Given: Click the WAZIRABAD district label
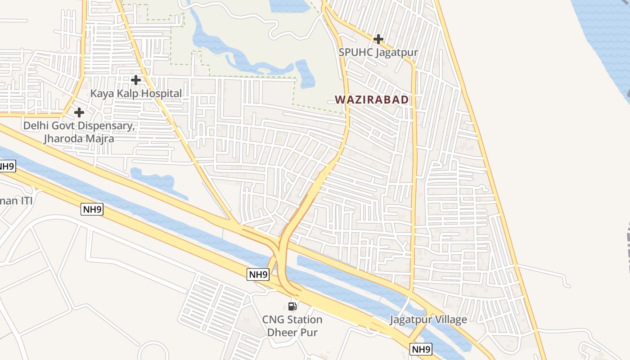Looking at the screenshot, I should click(372, 99).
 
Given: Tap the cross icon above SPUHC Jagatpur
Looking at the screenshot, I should click(378, 39).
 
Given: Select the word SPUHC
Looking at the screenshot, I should click(355, 52).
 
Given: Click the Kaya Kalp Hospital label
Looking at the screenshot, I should click(136, 94).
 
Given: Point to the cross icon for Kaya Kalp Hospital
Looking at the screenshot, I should click(135, 80).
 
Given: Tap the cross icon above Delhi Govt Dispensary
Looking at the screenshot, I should click(79, 112).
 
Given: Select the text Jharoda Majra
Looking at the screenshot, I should click(79, 139).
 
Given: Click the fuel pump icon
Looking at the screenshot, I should click(292, 306).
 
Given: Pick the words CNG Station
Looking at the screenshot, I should click(292, 320).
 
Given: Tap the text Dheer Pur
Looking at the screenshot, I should click(292, 333).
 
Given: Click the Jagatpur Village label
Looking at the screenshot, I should click(428, 320).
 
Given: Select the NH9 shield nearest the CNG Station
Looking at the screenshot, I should click(258, 274).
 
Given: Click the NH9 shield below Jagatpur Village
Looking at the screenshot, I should click(421, 349).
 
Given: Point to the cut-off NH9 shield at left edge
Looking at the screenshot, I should click(7, 166).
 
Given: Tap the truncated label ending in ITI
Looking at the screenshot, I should click(16, 201).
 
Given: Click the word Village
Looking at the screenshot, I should click(449, 320).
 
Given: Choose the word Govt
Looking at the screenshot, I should click(68, 126).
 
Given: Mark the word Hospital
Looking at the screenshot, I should click(162, 94).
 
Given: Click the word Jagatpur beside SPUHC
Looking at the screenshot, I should click(396, 52).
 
